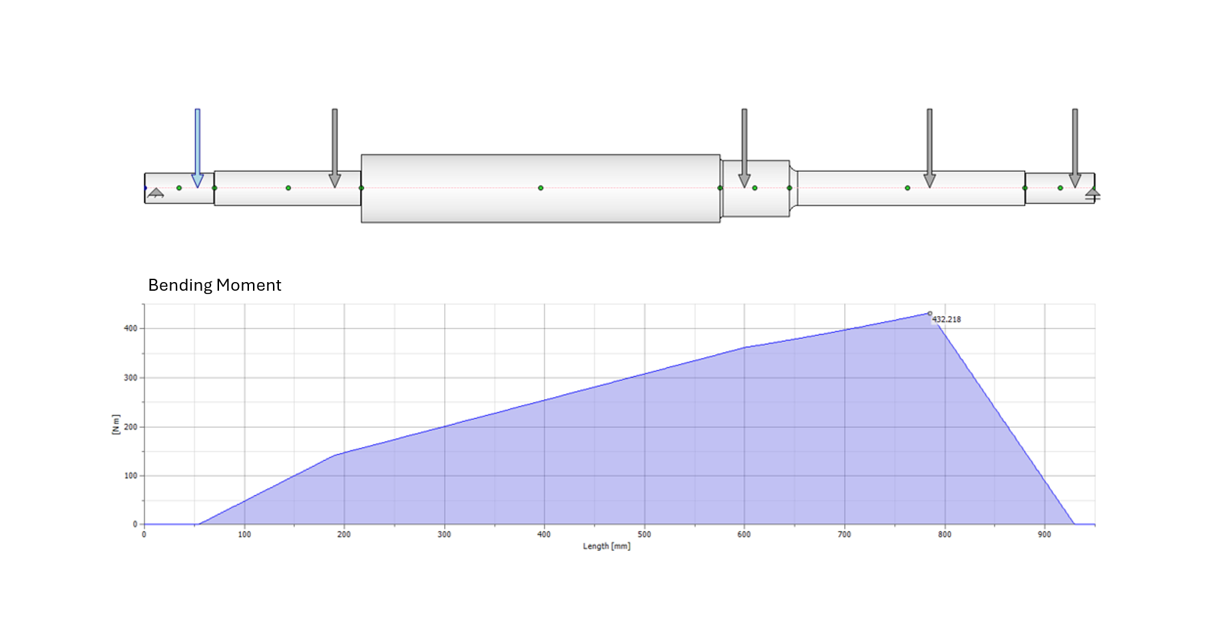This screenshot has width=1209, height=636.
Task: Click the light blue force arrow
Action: (197, 148)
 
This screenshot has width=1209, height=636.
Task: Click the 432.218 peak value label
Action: (946, 319)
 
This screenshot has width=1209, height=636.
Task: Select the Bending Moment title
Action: (214, 285)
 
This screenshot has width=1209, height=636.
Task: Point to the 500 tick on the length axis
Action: (644, 534)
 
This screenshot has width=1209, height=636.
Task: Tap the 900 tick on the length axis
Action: (1044, 534)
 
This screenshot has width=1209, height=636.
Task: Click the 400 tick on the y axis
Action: (130, 328)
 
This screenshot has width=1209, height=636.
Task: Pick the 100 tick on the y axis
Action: (130, 476)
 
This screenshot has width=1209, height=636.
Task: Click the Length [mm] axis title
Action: (606, 546)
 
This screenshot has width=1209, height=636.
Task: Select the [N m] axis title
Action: (116, 424)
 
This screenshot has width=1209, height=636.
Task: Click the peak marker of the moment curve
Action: (930, 313)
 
